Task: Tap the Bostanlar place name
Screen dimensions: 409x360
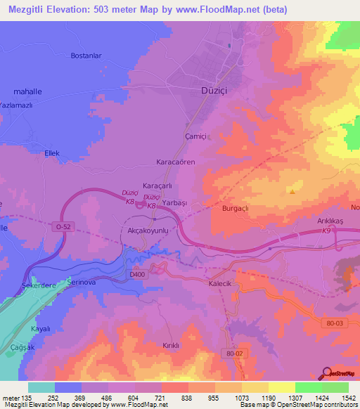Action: (x=87, y=55)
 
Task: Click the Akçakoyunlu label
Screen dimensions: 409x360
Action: (x=149, y=230)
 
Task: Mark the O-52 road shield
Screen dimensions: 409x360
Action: (x=63, y=227)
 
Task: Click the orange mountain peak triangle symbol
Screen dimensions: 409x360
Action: (x=292, y=190)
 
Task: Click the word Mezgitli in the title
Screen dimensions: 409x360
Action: (x=30, y=9)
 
